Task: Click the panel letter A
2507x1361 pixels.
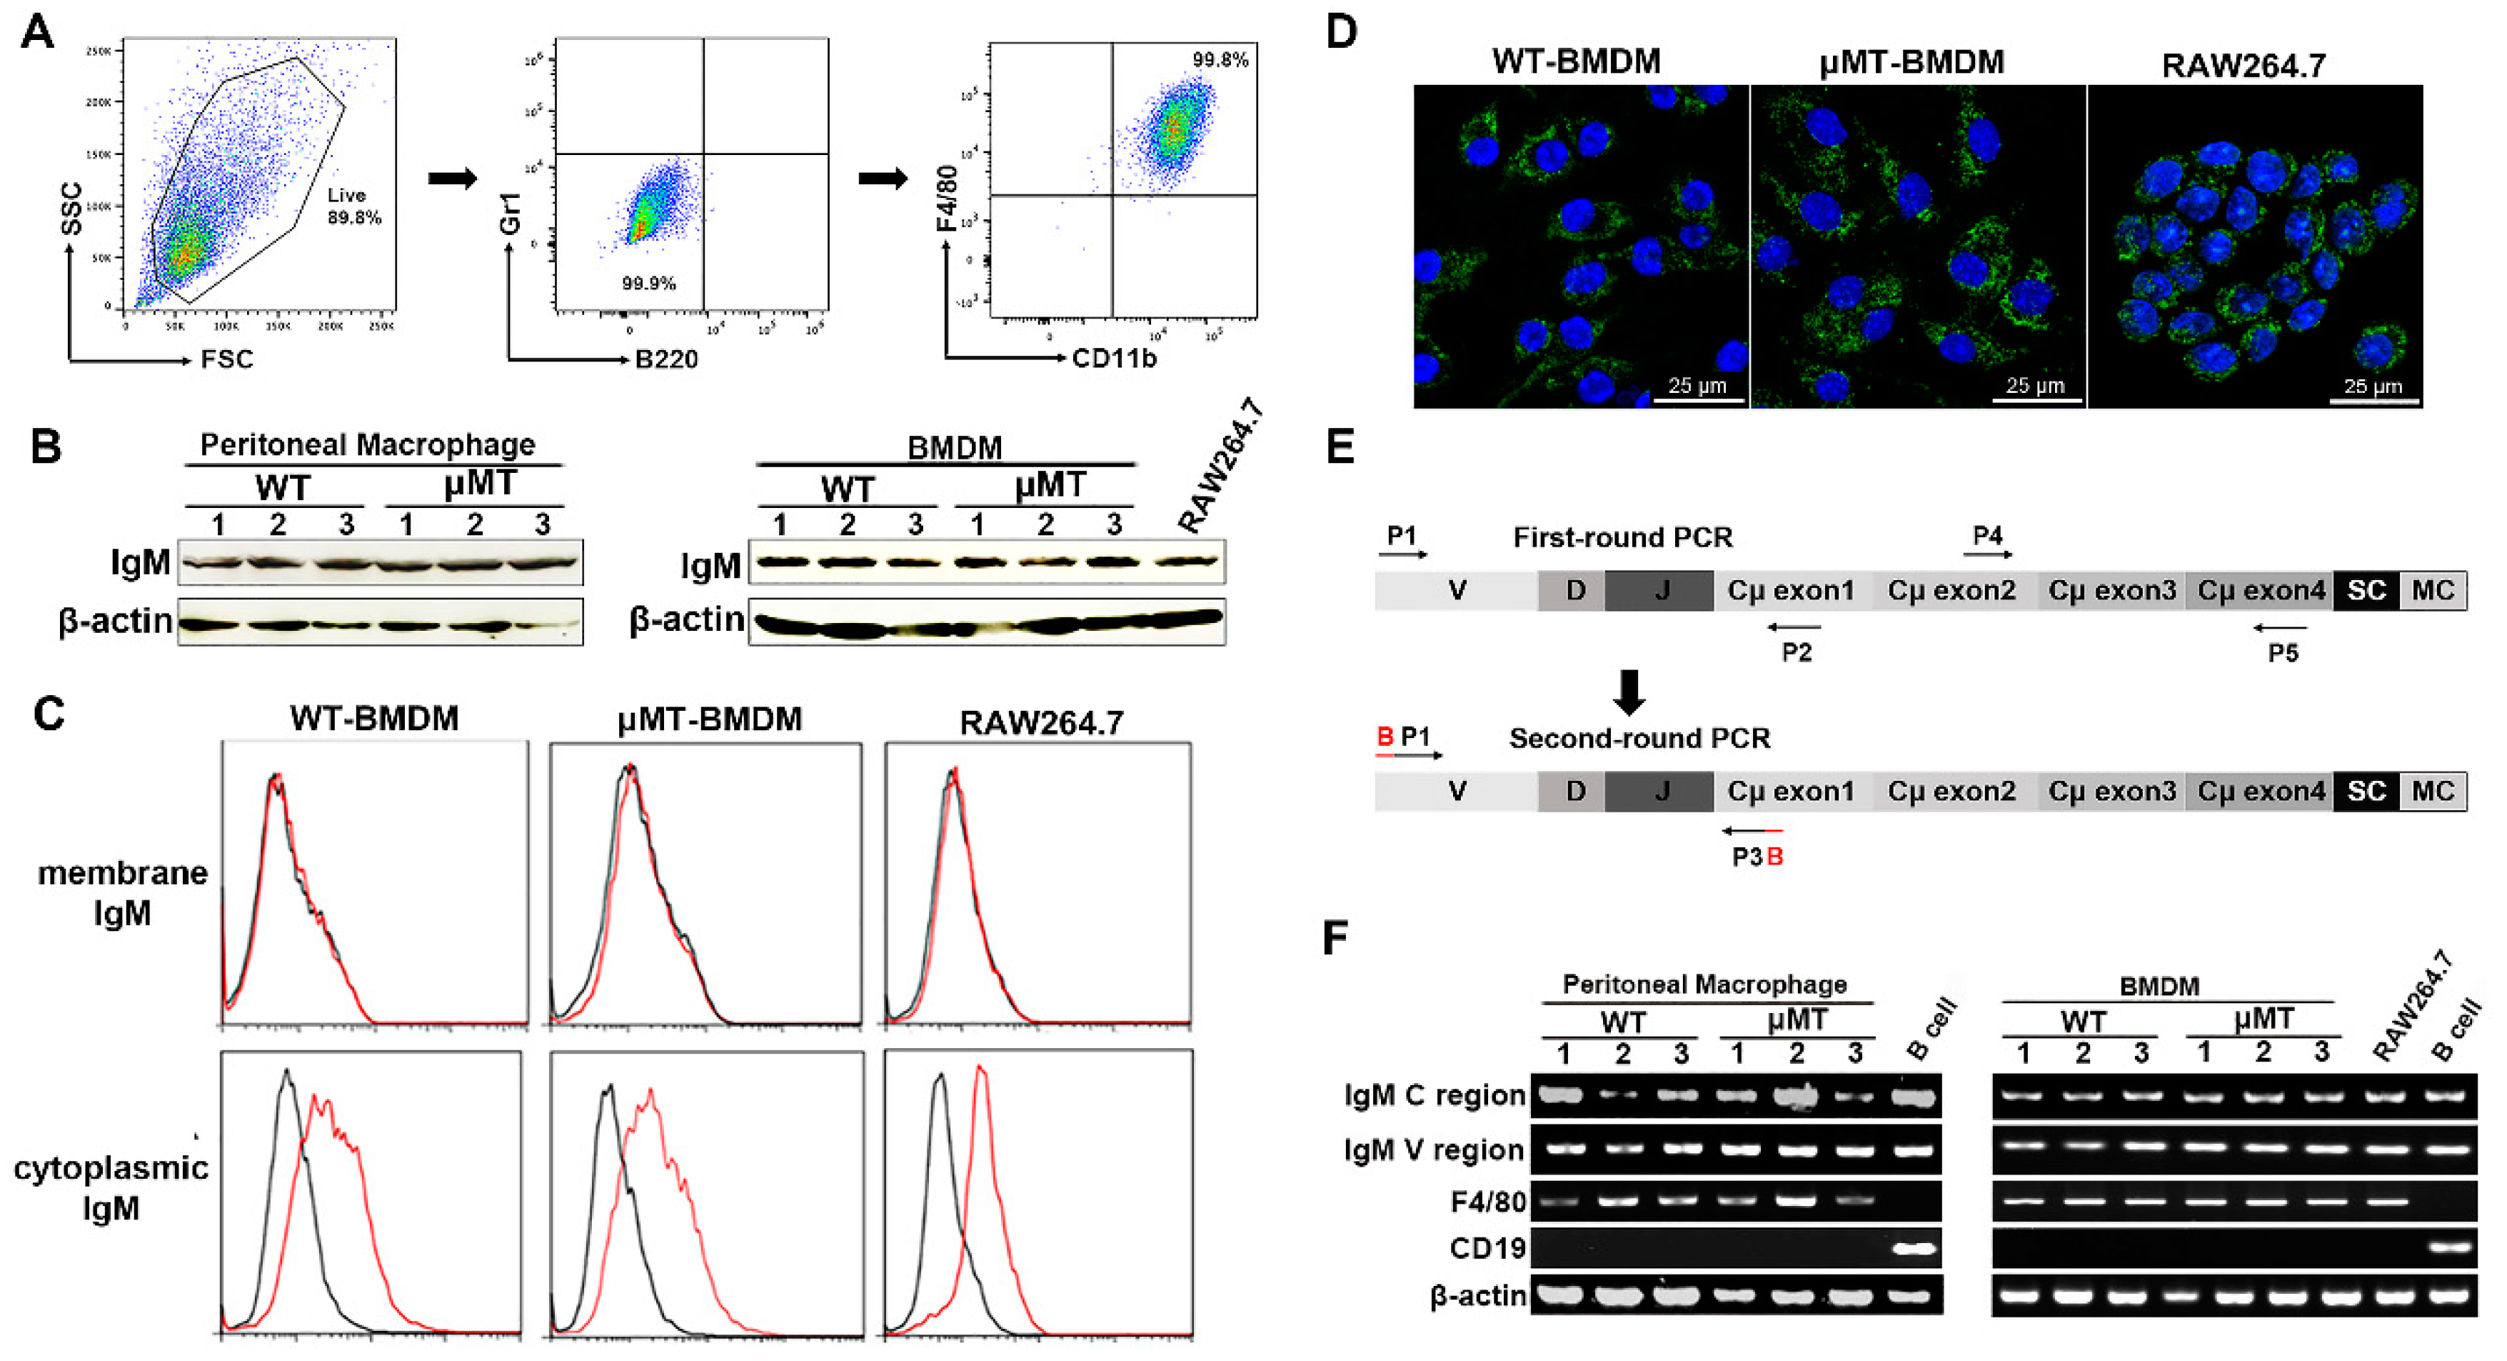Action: (37, 32)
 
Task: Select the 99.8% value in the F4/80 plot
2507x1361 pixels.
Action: (1220, 60)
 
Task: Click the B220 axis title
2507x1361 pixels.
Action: (667, 360)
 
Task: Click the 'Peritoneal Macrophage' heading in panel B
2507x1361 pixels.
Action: (368, 445)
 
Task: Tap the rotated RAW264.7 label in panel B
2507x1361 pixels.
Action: (1222, 465)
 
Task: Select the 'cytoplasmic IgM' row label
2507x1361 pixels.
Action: (111, 1187)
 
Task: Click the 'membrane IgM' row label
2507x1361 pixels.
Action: (123, 893)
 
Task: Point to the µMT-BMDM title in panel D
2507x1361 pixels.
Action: (1911, 62)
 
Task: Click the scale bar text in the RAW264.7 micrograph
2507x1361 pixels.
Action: (2373, 387)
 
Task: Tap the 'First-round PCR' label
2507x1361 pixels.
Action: (1622, 537)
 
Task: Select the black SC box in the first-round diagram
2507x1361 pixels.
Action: (2366, 591)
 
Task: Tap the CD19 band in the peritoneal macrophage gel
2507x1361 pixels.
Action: (1914, 1248)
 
